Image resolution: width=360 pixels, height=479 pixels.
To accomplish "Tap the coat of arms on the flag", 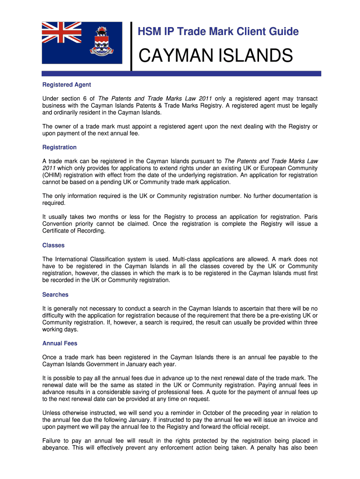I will click(x=101, y=44).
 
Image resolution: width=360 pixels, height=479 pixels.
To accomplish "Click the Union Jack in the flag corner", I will click(x=62, y=33).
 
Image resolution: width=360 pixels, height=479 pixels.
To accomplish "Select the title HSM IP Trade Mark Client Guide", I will click(x=217, y=32).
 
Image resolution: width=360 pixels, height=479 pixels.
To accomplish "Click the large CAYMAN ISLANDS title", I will click(x=215, y=57).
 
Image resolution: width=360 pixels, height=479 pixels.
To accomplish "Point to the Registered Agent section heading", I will click(x=66, y=85).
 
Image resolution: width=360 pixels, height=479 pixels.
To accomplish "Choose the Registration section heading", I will click(x=59, y=147).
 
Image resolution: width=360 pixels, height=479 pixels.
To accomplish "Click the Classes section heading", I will click(x=53, y=245).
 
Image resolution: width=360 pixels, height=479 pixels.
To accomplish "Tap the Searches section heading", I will click(x=55, y=295).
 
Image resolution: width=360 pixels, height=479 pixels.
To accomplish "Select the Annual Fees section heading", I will click(x=60, y=343).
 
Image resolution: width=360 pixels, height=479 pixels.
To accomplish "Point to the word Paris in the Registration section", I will click(x=310, y=217).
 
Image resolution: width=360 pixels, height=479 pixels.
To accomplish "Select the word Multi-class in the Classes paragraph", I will click(x=188, y=259).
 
